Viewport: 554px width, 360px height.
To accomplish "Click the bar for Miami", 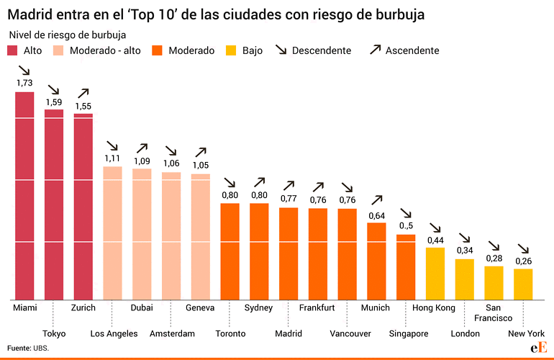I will [x=25, y=194].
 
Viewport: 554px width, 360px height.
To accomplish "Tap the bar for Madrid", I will [x=289, y=253].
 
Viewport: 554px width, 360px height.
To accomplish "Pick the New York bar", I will [x=523, y=284].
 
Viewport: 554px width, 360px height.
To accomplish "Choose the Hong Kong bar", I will [x=435, y=273].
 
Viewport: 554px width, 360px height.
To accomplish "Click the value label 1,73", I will [x=25, y=83].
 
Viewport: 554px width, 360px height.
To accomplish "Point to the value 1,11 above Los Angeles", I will [x=113, y=158].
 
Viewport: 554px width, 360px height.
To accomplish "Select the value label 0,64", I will [x=376, y=215].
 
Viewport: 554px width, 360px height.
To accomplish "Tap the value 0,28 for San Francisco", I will [x=494, y=258].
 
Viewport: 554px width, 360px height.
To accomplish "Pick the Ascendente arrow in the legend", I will [x=375, y=50].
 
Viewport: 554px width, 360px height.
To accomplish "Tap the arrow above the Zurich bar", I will [x=83, y=93].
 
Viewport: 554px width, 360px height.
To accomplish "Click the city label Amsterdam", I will [x=172, y=333].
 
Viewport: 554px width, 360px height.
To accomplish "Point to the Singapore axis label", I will [x=408, y=333].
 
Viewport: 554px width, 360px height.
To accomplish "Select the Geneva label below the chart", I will [x=201, y=307].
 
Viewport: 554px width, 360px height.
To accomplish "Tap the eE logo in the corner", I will [x=536, y=348].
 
